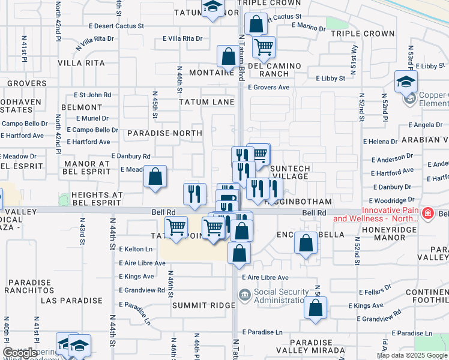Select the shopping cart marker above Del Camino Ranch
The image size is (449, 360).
tap(263, 46)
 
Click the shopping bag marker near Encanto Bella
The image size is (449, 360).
tap(306, 243)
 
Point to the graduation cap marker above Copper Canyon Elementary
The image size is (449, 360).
tap(406, 81)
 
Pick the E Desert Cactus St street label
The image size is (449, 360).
tap(116, 26)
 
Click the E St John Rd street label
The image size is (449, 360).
tap(92, 95)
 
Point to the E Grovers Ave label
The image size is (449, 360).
tap(269, 87)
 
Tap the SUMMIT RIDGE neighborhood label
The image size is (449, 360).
tap(203, 305)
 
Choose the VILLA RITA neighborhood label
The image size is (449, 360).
tap(81, 63)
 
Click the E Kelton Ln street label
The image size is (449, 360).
tap(136, 248)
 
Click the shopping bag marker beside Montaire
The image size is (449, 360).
tap(228, 57)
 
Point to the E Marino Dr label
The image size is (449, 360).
tap(308, 26)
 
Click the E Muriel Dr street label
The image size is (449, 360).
tap(88, 119)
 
